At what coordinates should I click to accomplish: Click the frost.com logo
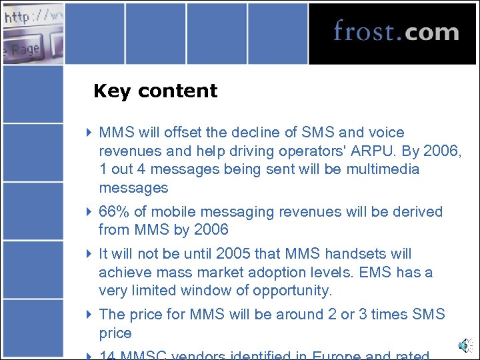point(396,32)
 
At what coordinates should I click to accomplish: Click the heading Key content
point(155,91)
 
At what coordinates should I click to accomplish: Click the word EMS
point(374,272)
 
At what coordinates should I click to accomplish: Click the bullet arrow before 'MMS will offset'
point(90,133)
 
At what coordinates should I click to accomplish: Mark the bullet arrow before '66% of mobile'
point(90,212)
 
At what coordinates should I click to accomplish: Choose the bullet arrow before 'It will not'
point(90,254)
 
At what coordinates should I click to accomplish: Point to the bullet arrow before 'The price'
point(90,315)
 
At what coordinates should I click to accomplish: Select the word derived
point(413,211)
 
